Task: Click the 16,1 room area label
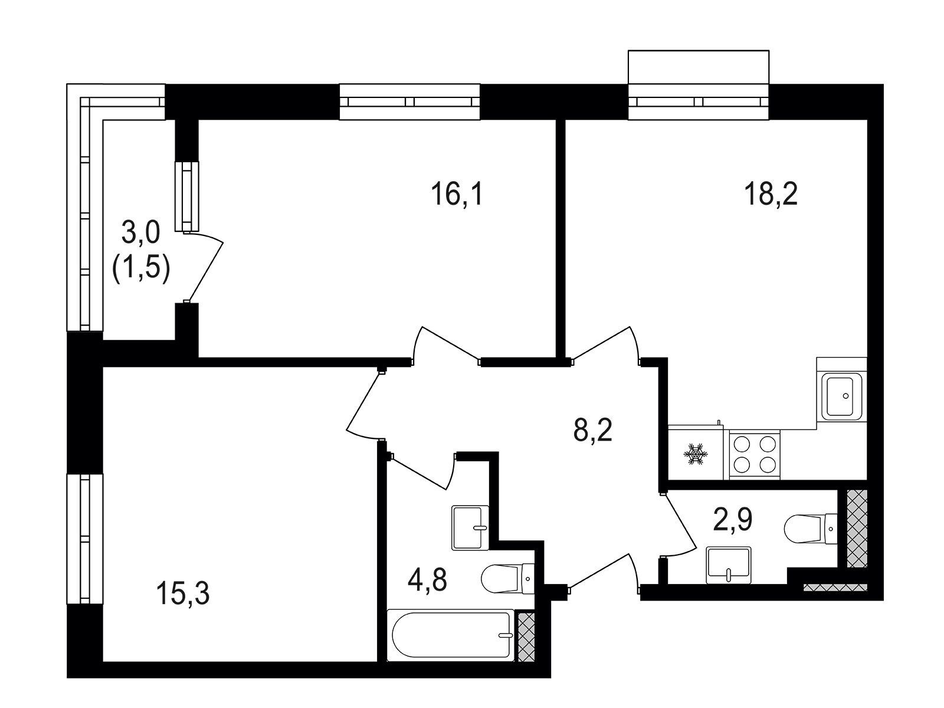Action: [457, 194]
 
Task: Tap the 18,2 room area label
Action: [771, 194]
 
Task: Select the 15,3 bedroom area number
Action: [183, 594]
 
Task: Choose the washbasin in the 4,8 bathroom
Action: [470, 527]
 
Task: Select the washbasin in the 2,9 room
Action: [729, 565]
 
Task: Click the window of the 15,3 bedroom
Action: [85, 539]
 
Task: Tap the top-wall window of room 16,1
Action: [409, 101]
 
